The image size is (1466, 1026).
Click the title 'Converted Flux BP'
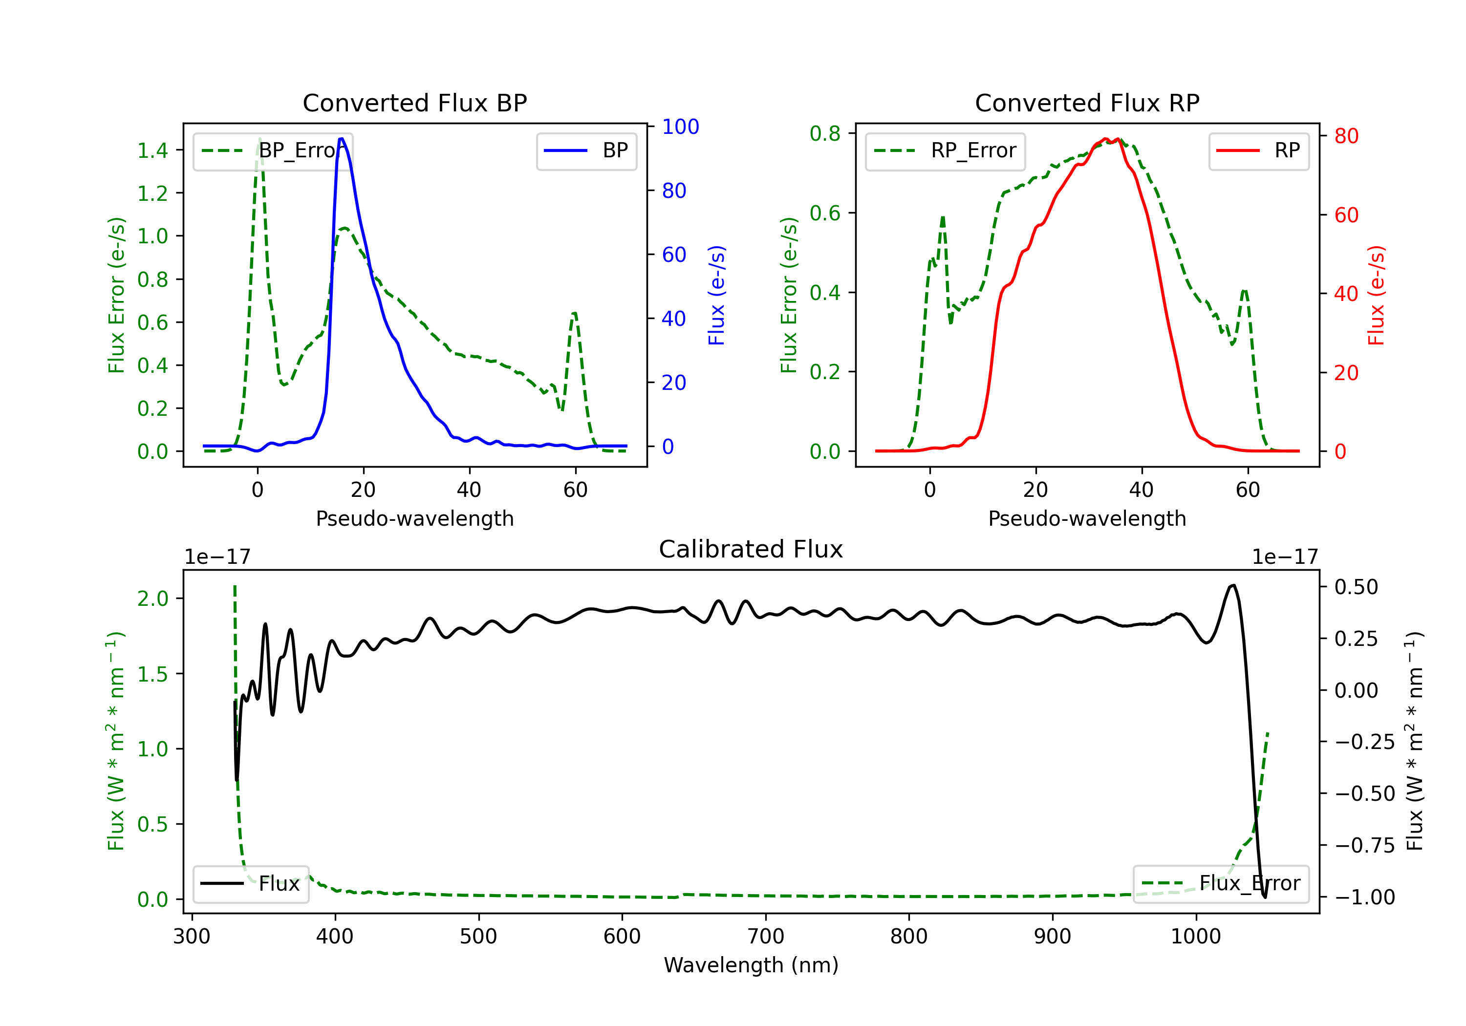[x=414, y=103]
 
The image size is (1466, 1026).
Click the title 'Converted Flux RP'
[x=1087, y=103]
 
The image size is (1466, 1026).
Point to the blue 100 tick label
[x=680, y=127]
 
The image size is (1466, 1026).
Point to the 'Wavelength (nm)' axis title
[x=751, y=965]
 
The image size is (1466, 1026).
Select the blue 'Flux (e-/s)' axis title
[x=716, y=295]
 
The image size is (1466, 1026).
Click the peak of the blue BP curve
[x=342, y=139]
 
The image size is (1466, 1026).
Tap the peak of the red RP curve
[x=1105, y=139]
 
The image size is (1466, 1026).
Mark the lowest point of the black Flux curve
[x=1264, y=897]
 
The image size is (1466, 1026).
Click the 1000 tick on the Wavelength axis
[x=1195, y=937]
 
